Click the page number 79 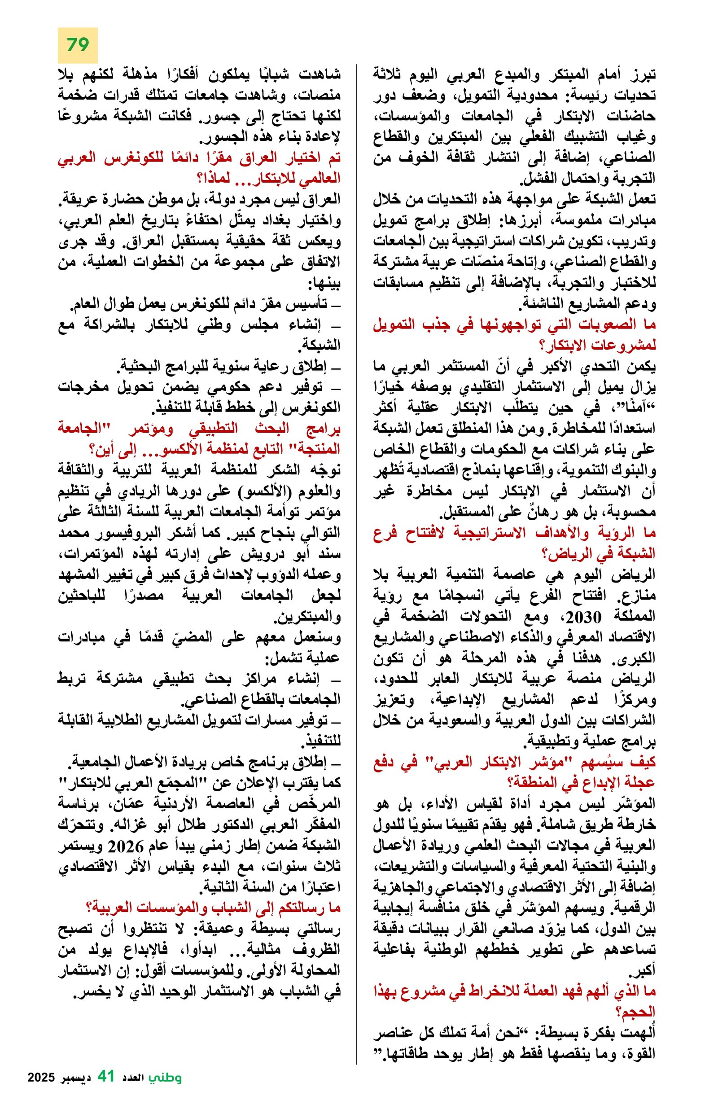[x=77, y=45]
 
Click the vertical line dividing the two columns [x=356, y=559]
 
